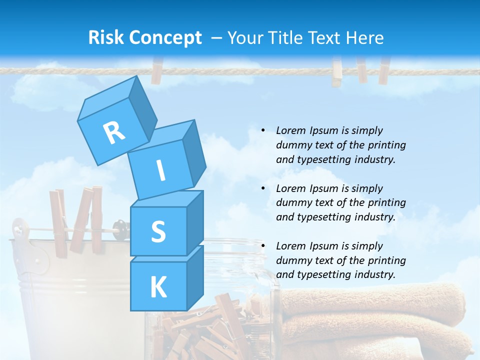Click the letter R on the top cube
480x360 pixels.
coord(114,133)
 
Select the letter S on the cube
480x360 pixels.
coord(158,231)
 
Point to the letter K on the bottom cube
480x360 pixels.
coord(158,287)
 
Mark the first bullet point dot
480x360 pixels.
coord(263,130)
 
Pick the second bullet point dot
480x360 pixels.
coord(263,188)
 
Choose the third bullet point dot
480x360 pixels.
coord(263,246)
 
